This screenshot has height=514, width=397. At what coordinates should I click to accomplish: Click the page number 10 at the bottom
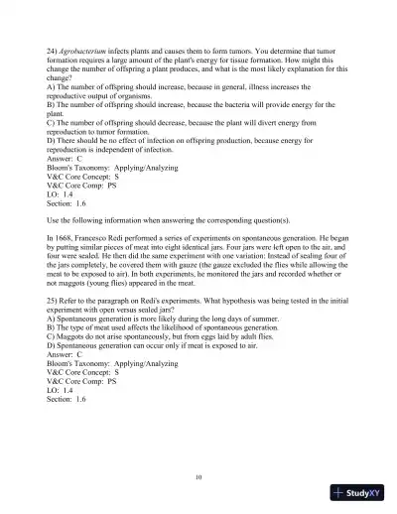coord(198,476)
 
